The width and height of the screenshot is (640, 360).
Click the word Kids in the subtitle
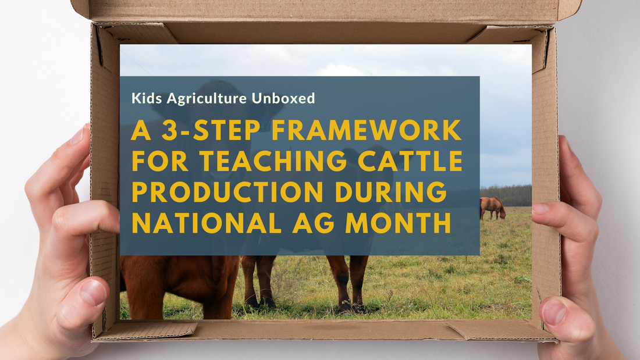[x=147, y=98]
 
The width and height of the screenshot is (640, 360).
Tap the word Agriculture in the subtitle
[x=207, y=98]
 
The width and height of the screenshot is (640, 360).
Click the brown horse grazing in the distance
[x=492, y=207]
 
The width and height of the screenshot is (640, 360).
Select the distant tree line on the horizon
[x=506, y=194]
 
